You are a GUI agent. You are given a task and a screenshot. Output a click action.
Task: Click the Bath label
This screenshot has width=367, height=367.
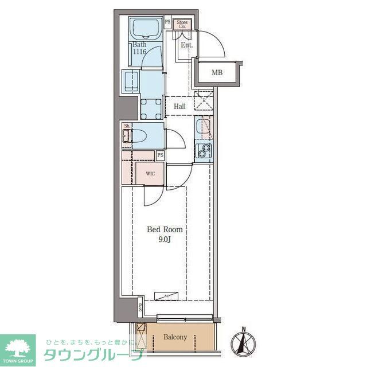point(139,44)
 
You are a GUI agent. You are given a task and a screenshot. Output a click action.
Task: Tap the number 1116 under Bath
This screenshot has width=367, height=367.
point(139,52)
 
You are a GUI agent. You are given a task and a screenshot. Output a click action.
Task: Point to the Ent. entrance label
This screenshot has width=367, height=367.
point(187,45)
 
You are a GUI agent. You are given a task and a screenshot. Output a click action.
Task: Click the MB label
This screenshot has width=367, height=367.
point(217,72)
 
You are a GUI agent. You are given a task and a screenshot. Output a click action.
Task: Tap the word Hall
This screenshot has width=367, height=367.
point(179,106)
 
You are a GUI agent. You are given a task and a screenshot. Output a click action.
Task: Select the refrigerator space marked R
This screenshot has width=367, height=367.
point(204,101)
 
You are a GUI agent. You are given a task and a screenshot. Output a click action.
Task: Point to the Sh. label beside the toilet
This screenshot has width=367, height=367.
point(127,126)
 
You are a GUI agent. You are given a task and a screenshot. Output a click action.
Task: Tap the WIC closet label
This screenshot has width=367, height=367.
point(150,173)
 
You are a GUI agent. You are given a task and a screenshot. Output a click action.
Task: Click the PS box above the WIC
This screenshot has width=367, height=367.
point(161,155)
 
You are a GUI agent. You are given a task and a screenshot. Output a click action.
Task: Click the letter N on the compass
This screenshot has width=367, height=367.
point(243,329)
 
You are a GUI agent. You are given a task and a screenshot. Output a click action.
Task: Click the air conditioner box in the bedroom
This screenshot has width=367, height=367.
point(166,295)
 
